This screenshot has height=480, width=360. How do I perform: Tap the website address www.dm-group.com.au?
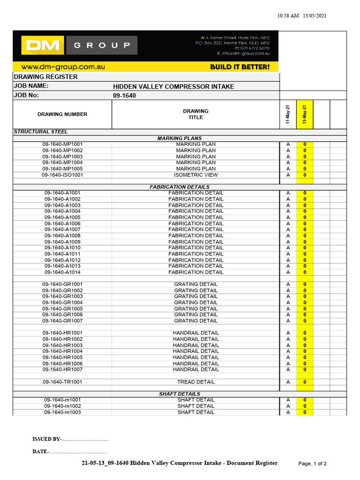pos(63,67)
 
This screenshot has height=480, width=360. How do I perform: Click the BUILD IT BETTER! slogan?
pos(240,67)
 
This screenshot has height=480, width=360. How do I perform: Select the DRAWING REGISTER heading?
pos(46,77)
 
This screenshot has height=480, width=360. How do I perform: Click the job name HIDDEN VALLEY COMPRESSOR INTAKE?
pos(173,86)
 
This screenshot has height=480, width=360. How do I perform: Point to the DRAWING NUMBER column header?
pos(62,114)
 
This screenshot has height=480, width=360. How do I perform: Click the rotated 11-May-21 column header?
pos(288,114)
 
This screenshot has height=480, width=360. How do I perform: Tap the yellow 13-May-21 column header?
pos(305,114)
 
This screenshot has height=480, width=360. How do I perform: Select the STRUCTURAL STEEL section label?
pos(41,132)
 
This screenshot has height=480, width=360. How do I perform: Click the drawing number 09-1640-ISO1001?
pos(62,175)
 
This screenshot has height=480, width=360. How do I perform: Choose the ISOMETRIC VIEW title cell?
pos(195,175)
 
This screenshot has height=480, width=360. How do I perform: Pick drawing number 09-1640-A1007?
pos(62,230)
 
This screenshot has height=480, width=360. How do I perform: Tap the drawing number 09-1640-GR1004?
pos(62,303)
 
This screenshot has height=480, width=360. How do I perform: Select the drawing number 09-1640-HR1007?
pos(62,369)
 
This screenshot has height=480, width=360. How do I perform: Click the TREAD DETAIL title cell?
pos(195,382)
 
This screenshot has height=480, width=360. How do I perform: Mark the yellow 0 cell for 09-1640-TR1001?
pos(305,382)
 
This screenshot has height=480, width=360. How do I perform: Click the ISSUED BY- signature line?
pos(70,439)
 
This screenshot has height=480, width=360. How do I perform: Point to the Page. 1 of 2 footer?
pos(312,464)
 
